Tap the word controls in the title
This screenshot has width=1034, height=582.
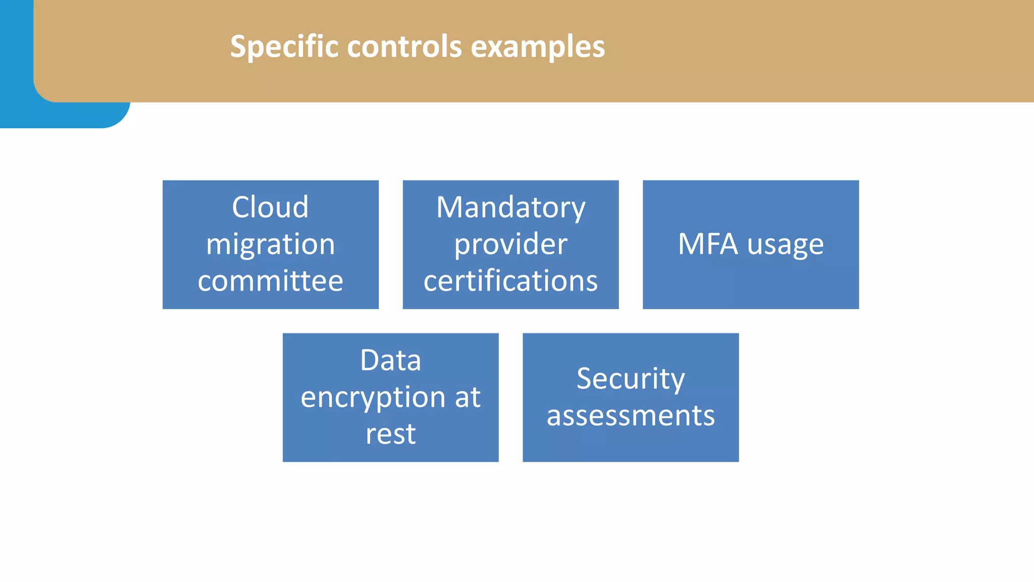coord(404,46)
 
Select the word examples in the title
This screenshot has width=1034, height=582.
coord(538,46)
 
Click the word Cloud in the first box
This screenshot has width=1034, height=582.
coord(270,207)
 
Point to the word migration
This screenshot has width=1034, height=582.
coord(270,245)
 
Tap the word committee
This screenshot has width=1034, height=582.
coord(270,281)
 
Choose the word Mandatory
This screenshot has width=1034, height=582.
coord(510,207)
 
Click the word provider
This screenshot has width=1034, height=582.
coord(510,245)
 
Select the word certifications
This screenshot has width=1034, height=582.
coord(510,281)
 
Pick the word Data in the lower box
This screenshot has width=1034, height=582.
coord(390,360)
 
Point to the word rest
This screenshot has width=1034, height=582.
coord(390,434)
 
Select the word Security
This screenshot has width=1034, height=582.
coord(631,379)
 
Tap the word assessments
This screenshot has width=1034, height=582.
coord(631,416)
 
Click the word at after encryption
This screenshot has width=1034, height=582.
coord(468,397)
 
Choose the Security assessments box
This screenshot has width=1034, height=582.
coord(631,445)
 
